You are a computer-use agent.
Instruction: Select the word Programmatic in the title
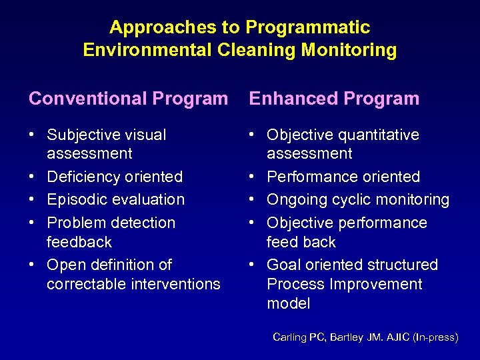point(307,27)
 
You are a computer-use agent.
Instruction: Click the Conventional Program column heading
point(128,99)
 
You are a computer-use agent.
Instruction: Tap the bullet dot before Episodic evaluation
point(32,199)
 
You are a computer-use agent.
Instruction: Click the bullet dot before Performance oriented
point(252,177)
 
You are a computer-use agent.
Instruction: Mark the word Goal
point(283,265)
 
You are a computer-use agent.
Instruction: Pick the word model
point(289,303)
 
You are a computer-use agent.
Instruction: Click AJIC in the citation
point(397,337)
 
